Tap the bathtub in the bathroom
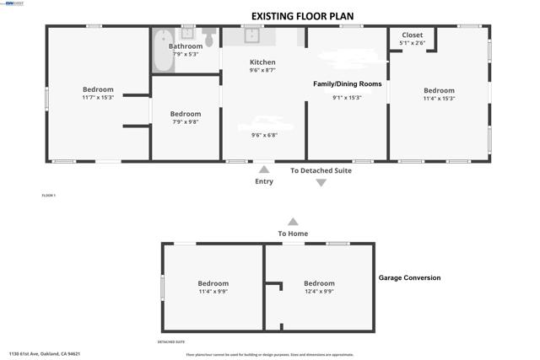point(159,51)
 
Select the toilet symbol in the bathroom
point(208,38)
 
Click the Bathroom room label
point(186,46)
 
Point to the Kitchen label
point(262,62)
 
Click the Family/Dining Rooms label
point(347,84)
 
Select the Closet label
point(412,35)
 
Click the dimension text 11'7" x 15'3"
point(98,98)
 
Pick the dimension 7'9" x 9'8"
point(186,122)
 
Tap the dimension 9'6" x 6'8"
point(264,134)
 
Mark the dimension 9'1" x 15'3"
point(347,98)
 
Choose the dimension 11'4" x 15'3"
point(439,99)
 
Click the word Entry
point(264,181)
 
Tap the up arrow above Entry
point(264,169)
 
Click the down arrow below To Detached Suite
point(321,182)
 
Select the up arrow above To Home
point(293,221)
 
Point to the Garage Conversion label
point(409,278)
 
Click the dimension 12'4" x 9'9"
point(319,292)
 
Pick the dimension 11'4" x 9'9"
point(213,292)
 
